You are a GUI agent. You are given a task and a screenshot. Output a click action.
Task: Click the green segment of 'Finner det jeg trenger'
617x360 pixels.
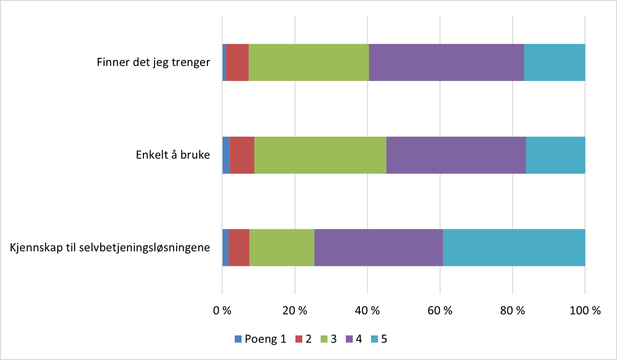point(308,63)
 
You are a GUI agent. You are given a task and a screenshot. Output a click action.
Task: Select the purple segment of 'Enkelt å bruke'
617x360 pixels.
point(456,155)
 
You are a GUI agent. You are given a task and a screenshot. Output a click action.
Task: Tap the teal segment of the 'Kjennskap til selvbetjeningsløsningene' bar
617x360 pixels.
point(514,248)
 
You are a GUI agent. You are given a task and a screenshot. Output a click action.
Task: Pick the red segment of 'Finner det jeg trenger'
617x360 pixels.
point(237,63)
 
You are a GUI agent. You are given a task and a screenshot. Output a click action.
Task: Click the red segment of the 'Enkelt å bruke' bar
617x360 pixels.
point(242,155)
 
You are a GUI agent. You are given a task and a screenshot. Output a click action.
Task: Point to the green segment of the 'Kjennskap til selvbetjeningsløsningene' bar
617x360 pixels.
point(282,248)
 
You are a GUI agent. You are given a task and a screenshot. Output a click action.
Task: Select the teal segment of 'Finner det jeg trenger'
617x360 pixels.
point(554,63)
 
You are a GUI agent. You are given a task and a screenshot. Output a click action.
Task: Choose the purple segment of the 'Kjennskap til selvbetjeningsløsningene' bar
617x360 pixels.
point(378,248)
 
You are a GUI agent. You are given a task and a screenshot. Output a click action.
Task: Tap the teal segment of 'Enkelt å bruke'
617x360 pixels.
point(556,155)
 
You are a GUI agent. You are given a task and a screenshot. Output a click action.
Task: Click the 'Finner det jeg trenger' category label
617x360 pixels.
point(153,62)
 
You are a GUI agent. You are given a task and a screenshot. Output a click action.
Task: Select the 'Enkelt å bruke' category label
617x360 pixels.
point(173,155)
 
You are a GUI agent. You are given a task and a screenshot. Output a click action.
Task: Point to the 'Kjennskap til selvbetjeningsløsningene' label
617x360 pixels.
point(110,248)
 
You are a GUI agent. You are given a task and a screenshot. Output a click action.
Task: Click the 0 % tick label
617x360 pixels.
point(222,310)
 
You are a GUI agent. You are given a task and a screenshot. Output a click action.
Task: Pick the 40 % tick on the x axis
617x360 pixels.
point(367,310)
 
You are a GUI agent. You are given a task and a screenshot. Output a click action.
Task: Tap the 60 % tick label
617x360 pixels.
point(440,310)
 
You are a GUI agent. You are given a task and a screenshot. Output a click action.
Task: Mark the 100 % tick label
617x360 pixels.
point(585,310)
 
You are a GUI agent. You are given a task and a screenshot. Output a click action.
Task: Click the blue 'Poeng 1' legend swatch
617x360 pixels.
point(238,339)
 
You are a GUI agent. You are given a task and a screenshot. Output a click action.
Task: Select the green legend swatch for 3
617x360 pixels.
point(324,339)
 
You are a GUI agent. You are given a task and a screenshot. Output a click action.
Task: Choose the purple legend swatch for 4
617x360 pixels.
point(349,339)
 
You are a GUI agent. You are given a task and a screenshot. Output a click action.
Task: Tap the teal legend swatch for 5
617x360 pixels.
point(375,339)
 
